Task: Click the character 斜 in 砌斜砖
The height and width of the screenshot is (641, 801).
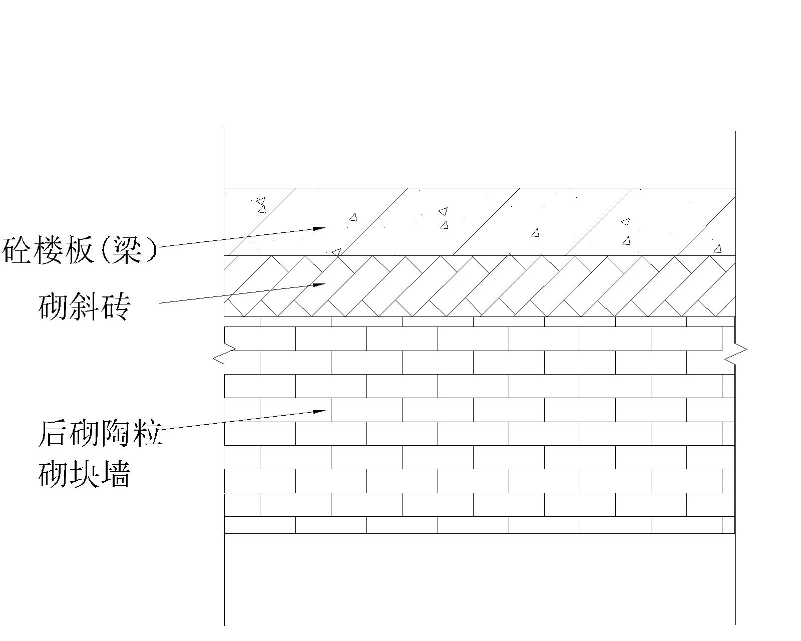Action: pos(84,306)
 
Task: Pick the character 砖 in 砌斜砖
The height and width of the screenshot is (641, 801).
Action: pos(115,306)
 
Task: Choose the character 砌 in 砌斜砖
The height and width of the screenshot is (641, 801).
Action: pos(53,306)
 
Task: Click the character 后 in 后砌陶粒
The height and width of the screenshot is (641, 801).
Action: pos(53,434)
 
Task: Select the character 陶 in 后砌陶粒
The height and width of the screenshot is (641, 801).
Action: pos(115,434)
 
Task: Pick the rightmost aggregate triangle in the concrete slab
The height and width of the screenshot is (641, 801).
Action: pos(718,249)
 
